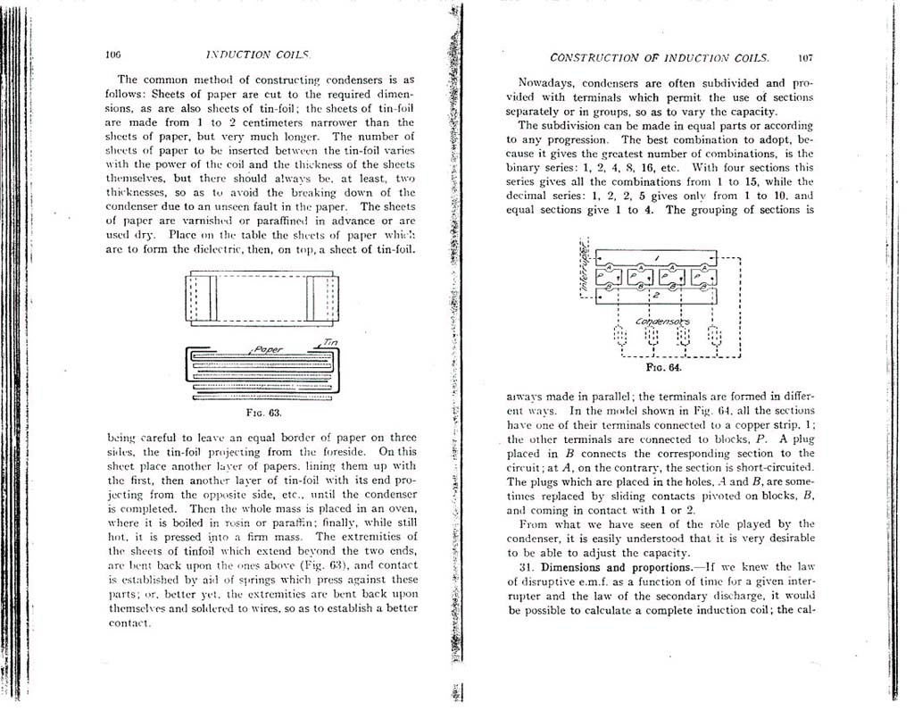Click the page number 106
click(x=112, y=54)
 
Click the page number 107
click(x=804, y=57)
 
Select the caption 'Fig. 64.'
click(x=662, y=366)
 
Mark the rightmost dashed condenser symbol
click(x=714, y=337)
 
